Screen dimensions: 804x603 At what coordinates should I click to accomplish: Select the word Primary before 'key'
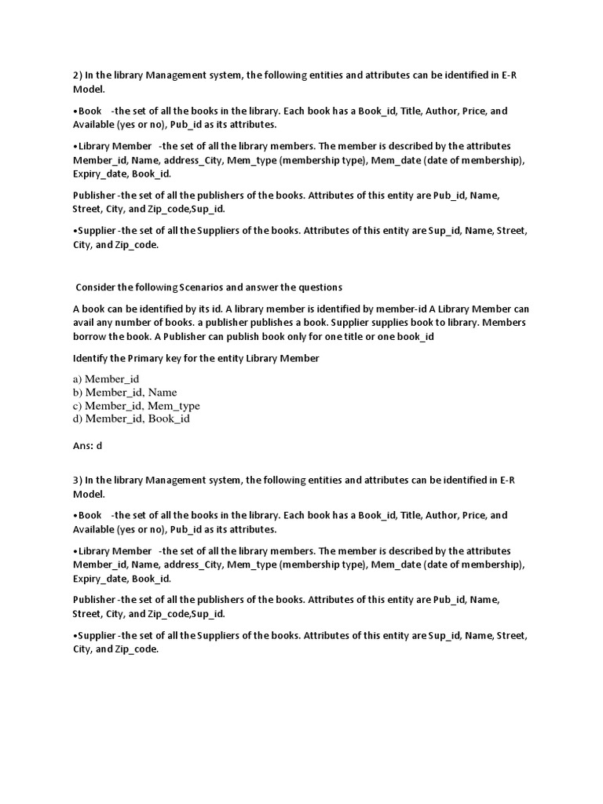152,359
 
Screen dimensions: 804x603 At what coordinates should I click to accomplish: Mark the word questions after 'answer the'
319,287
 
